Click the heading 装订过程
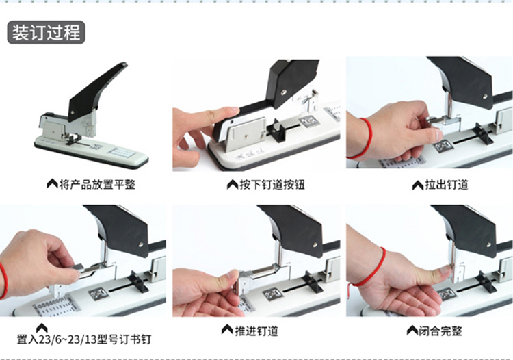point(46,32)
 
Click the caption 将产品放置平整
point(97,185)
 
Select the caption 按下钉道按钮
point(272,185)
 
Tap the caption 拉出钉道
point(446,185)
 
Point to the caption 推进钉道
point(256,331)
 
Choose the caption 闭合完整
point(440,331)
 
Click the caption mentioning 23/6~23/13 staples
point(84,339)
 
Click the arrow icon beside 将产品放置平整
point(52,184)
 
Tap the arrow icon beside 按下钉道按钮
point(233,184)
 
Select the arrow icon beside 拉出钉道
point(417,185)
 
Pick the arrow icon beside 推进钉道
point(227,329)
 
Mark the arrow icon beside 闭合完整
point(412,330)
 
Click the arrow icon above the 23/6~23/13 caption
point(42,328)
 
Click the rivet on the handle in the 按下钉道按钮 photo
point(284,93)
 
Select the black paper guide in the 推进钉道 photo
point(312,281)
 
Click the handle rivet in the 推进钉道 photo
point(315,244)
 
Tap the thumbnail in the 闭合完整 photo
point(445,270)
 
